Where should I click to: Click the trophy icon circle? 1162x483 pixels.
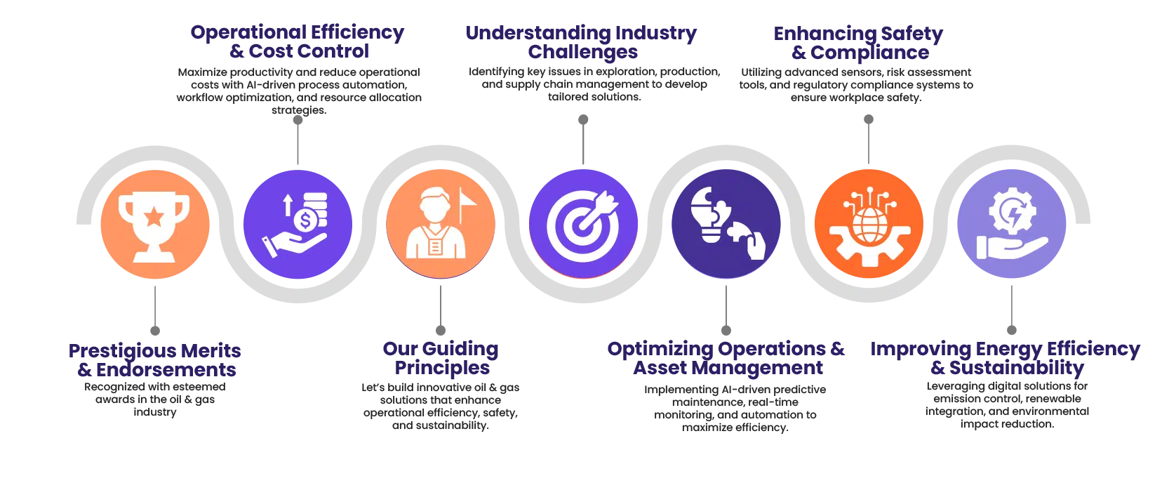pos(155,224)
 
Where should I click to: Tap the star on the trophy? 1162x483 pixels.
pos(154,216)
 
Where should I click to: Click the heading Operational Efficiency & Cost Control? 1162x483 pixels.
pos(298,41)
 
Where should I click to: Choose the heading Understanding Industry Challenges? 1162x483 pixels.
pos(582,42)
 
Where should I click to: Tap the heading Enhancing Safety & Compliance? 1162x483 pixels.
pos(859,43)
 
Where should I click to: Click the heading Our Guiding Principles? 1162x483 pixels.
pos(441,358)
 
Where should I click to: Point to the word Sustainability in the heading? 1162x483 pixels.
pos(1017,368)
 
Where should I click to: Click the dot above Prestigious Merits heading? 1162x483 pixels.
pos(155,331)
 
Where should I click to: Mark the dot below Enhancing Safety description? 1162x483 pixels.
pos(869,119)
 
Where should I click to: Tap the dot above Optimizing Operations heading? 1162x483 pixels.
pos(726,331)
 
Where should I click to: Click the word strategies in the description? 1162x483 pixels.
pos(300,110)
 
